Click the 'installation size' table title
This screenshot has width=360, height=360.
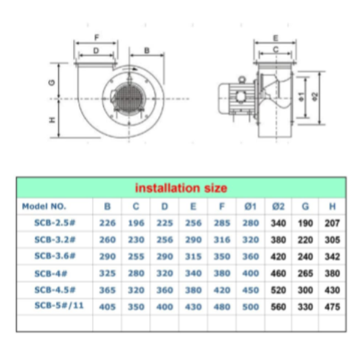pos(181,188)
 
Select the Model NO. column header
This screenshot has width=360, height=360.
pos(44,206)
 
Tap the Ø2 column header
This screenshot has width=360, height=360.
pos(278,206)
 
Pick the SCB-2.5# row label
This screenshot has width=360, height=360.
pos(55,223)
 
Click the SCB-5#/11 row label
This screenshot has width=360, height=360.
pos(59,305)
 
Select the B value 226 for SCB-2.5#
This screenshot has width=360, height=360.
pos(107,223)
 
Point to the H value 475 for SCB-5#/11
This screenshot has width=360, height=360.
pos(332,307)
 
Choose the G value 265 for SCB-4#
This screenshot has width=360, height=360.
pos(305,273)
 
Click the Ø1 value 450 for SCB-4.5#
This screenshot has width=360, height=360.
pos(250,290)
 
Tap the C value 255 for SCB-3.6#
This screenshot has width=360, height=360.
pos(136,256)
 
